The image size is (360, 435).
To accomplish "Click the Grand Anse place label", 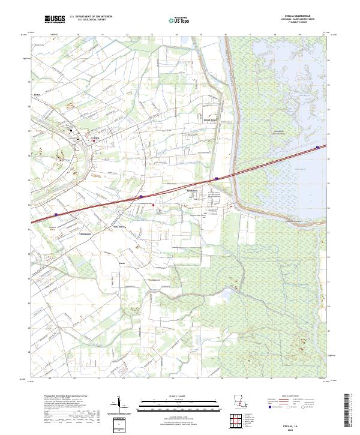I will [209, 120].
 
